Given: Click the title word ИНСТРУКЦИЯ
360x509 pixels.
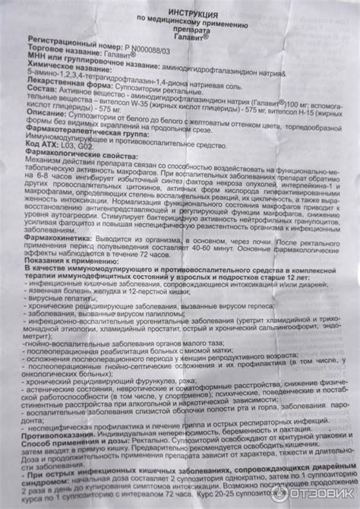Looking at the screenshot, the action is coord(179,13).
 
